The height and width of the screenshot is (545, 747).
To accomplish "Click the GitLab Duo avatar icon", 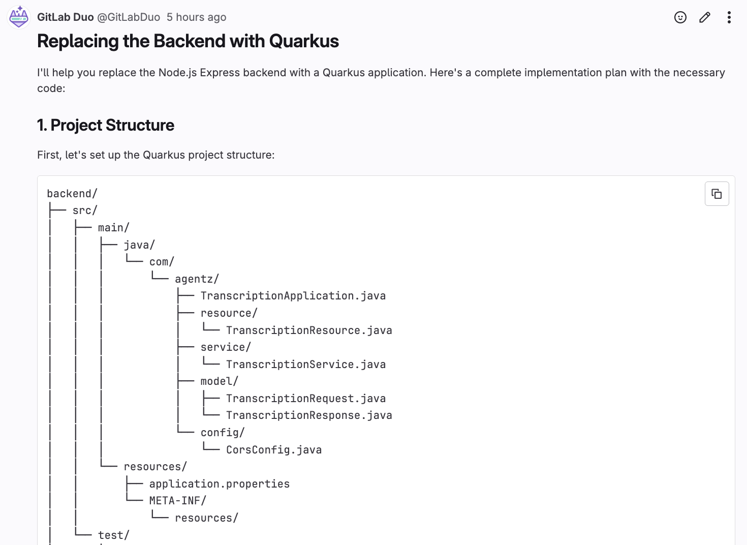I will (x=19, y=17).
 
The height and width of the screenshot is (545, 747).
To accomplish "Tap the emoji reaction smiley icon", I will (x=680, y=17).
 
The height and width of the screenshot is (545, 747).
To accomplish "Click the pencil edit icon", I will (x=704, y=17).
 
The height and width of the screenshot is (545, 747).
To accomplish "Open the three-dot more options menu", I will (x=729, y=17).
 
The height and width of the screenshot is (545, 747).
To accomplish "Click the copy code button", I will (x=717, y=194).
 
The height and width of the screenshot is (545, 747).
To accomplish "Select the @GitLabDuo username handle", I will (x=129, y=17).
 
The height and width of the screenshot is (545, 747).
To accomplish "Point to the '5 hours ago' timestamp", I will (x=196, y=17).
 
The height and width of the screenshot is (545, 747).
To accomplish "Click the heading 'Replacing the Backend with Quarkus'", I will (x=188, y=41).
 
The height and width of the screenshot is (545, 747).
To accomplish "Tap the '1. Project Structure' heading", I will (x=106, y=125).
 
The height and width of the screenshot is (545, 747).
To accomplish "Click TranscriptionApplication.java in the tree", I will (x=293, y=296).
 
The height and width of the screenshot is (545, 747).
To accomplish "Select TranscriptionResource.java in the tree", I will (x=309, y=330).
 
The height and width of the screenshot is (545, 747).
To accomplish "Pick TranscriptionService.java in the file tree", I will (x=305, y=365).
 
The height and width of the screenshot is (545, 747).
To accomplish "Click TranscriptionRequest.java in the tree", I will (x=305, y=399).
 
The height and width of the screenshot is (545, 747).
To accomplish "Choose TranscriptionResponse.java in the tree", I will (x=309, y=415).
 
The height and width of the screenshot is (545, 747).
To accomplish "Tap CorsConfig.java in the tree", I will (x=273, y=450).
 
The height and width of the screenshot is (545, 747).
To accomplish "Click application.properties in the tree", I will (x=219, y=484).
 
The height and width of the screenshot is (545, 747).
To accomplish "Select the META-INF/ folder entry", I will (x=177, y=501).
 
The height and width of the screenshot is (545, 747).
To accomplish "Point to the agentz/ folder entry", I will (x=197, y=279).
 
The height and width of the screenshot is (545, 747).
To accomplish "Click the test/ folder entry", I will (x=113, y=535).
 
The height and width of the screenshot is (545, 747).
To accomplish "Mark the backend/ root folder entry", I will (x=72, y=194).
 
